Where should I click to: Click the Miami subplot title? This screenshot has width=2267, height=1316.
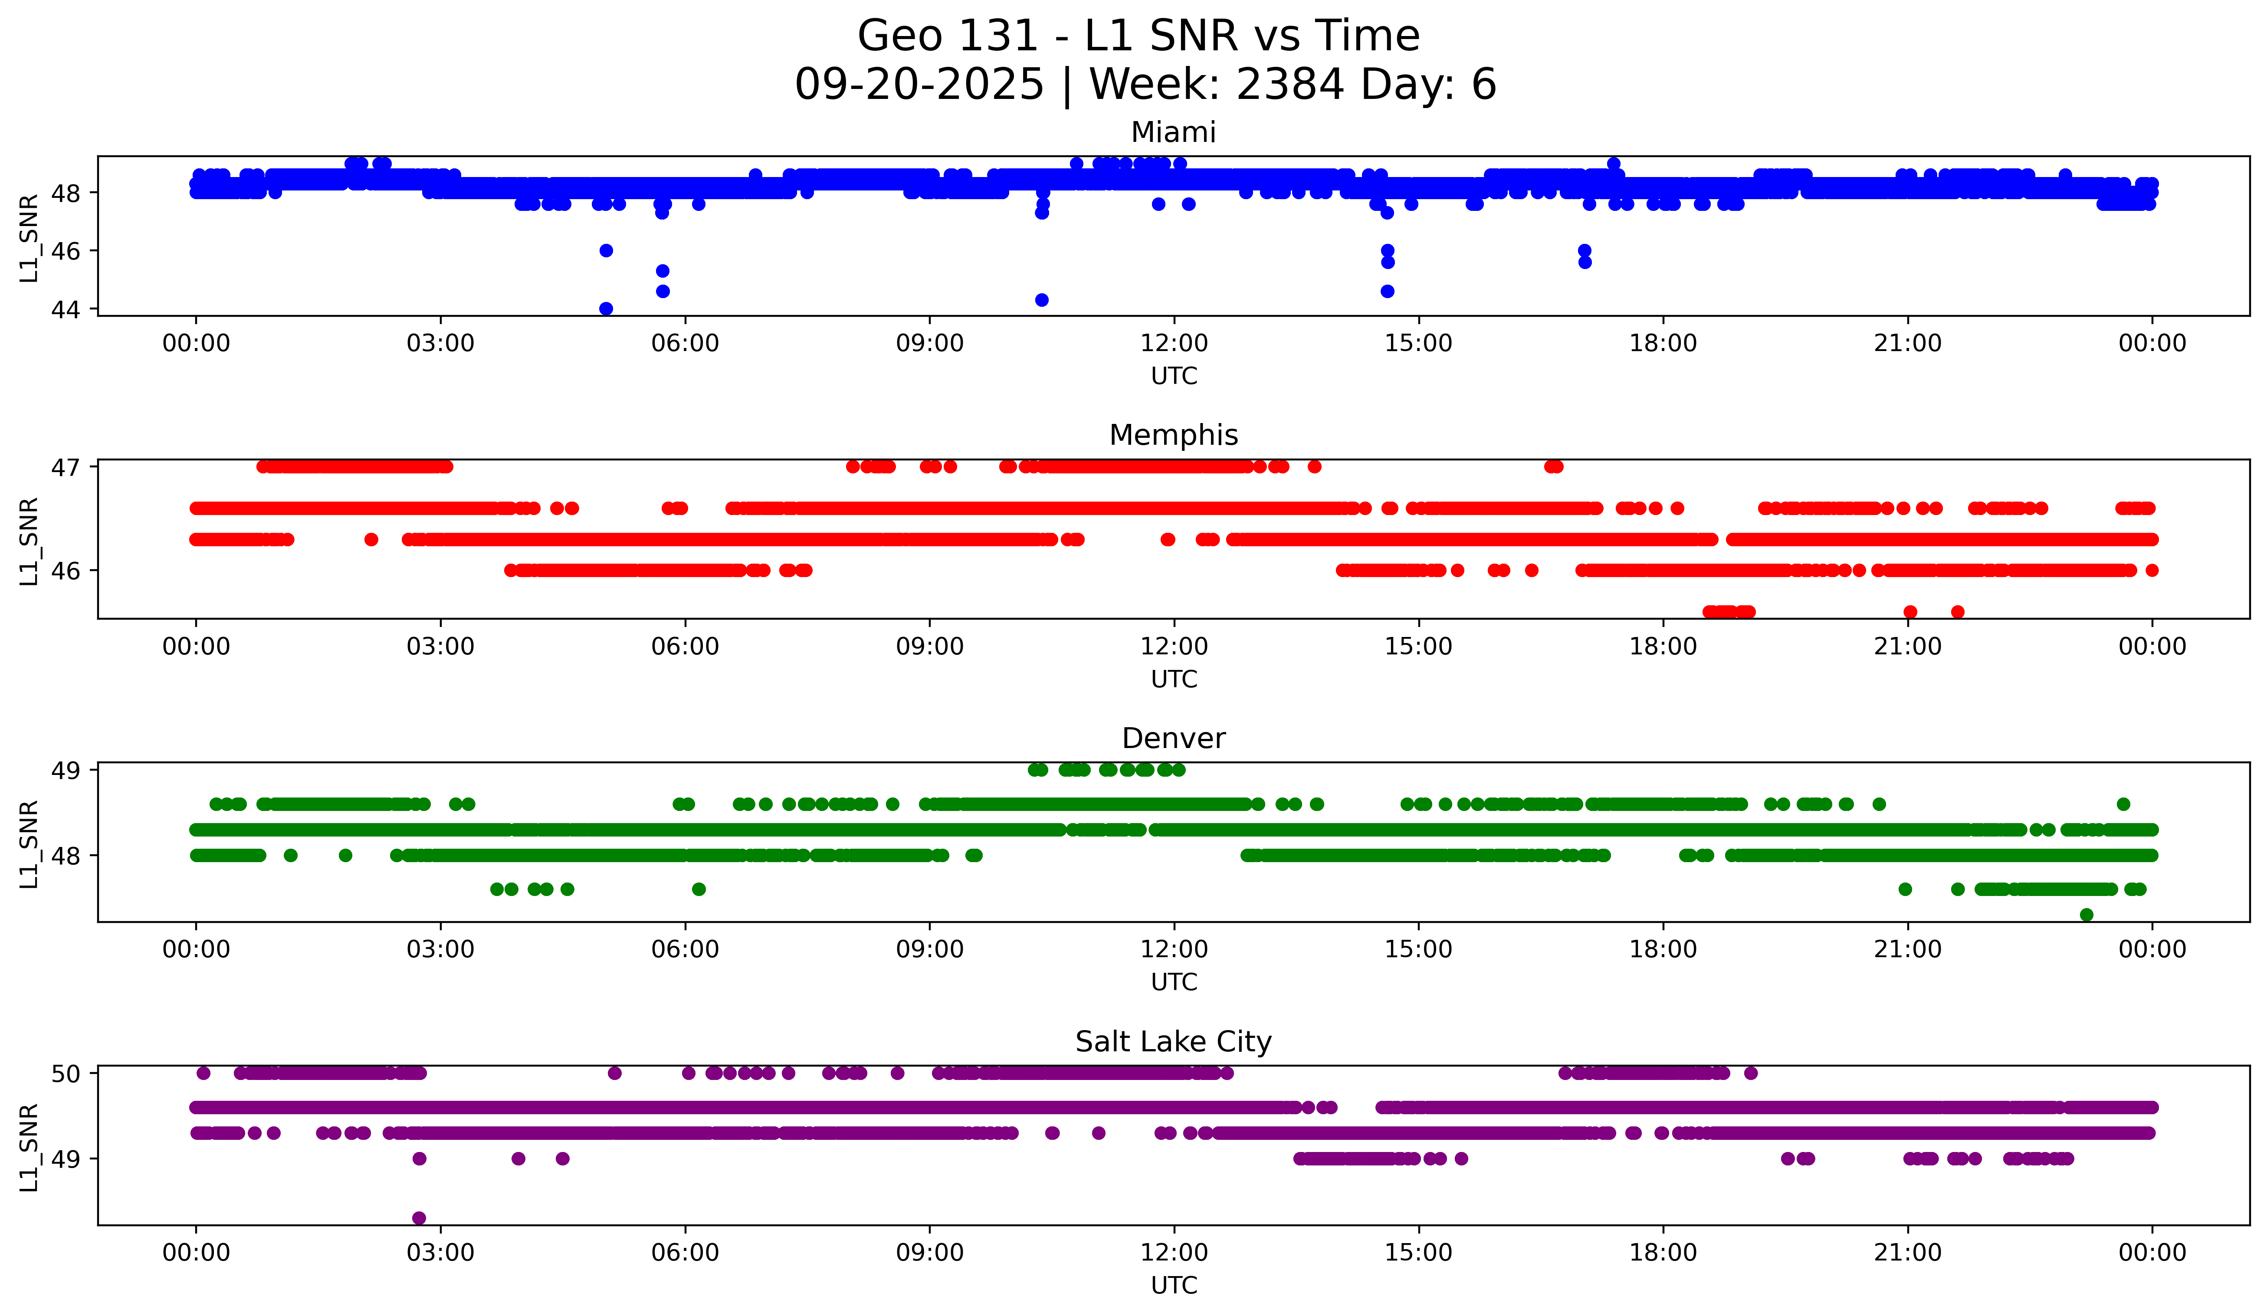tap(1173, 132)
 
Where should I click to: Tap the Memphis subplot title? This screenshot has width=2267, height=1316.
tap(1173, 435)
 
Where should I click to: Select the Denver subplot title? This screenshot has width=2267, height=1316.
tap(1173, 738)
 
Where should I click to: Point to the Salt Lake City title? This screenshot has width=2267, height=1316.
tap(1173, 1042)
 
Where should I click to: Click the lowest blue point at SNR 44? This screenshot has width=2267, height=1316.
tap(606, 308)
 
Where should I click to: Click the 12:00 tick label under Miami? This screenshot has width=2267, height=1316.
tap(1174, 344)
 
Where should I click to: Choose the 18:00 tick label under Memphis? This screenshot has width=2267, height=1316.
tap(1663, 647)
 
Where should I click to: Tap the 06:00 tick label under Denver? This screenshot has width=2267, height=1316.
tap(686, 950)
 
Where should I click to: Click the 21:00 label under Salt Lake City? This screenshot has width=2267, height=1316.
tap(1907, 1253)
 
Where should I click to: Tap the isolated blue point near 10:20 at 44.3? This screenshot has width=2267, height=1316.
tap(1042, 299)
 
